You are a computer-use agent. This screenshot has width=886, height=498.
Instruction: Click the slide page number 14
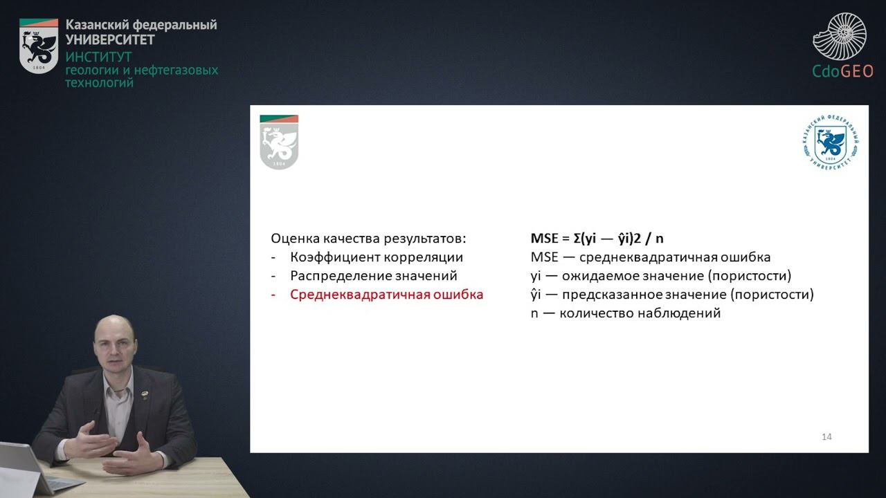(826, 436)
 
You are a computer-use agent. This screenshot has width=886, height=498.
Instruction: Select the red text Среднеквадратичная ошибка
(386, 295)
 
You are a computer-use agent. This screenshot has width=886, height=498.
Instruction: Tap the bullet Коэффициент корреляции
(377, 257)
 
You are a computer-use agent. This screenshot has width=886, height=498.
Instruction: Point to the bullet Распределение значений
(374, 276)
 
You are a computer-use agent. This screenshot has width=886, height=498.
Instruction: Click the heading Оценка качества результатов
(368, 239)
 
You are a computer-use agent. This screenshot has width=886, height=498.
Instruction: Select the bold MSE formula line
(597, 239)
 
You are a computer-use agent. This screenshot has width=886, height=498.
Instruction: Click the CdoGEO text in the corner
(842, 71)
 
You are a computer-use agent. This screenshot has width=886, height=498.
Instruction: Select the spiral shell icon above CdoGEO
(840, 36)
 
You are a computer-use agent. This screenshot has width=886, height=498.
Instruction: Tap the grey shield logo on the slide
(279, 142)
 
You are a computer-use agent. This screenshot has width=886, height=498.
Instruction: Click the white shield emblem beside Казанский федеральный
(39, 46)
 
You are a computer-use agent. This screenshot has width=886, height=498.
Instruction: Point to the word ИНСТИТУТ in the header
(98, 57)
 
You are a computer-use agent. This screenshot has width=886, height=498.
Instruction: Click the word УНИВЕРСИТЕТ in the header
(110, 39)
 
